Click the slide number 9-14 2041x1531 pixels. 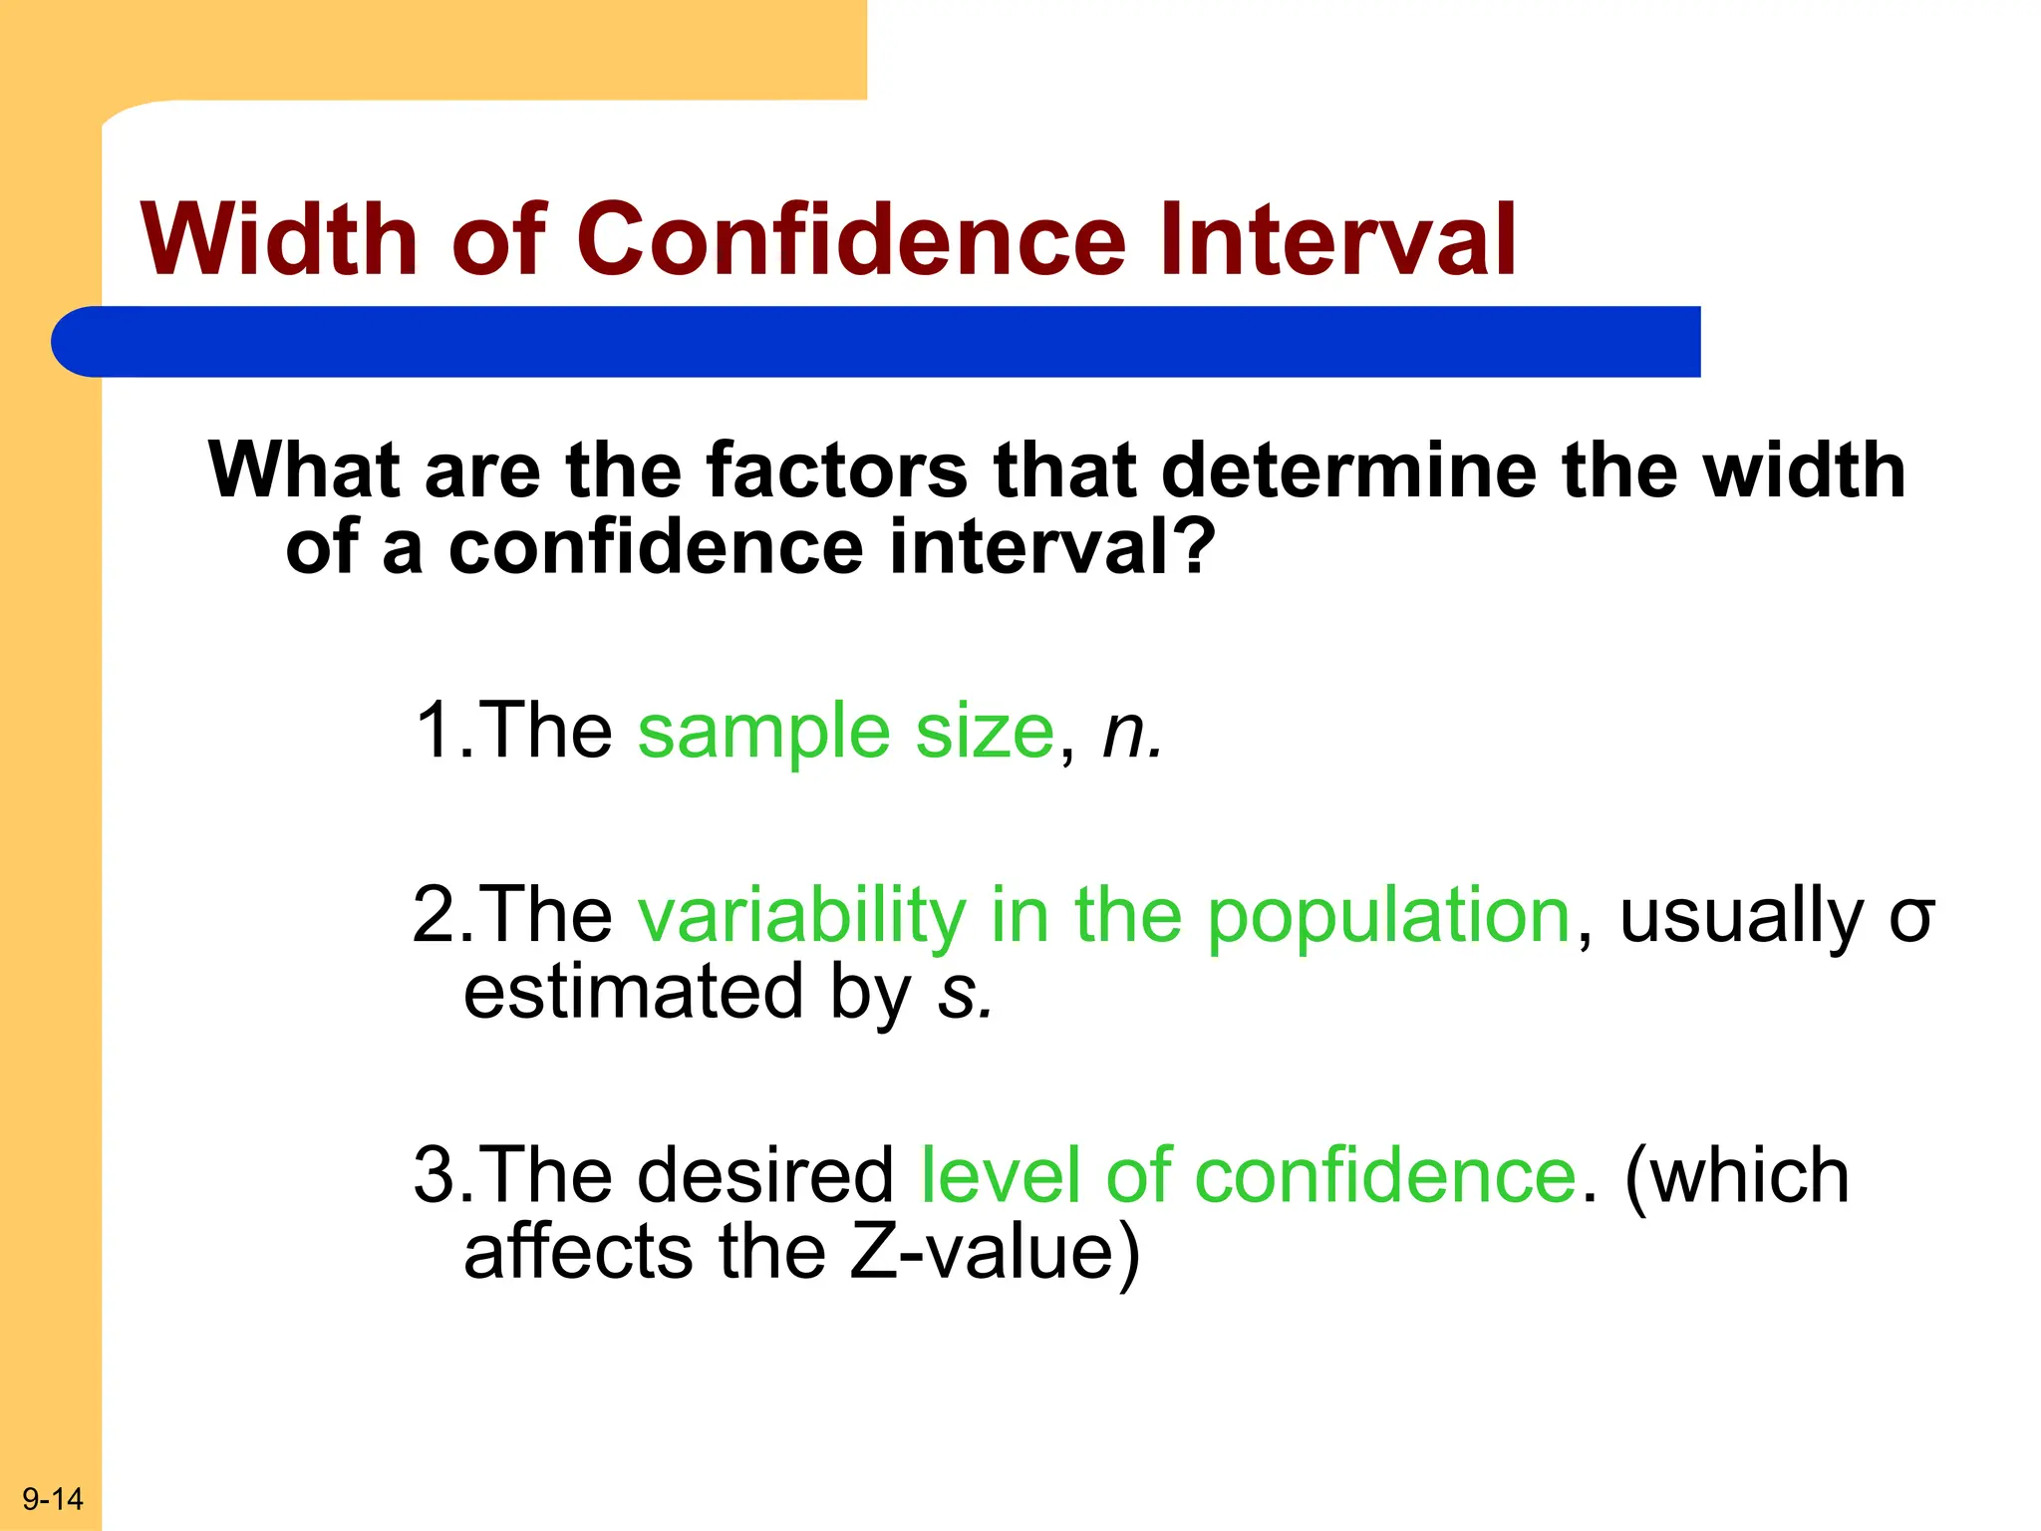point(53,1499)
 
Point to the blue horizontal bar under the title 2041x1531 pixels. point(877,342)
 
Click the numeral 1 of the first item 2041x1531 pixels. point(435,731)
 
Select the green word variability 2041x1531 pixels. point(801,915)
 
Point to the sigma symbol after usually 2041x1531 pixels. point(1911,919)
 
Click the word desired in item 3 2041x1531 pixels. point(765,1175)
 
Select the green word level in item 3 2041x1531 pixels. point(1000,1175)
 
